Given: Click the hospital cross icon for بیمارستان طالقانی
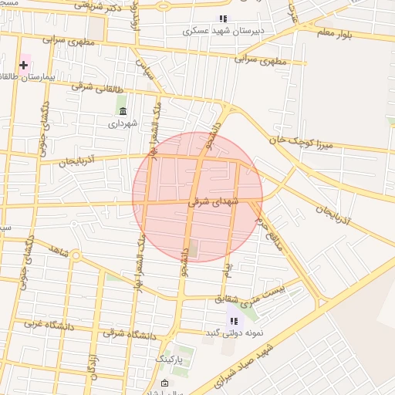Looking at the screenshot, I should (23, 65).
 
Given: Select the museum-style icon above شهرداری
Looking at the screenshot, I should (121, 110).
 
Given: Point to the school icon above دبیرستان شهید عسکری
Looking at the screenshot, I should (223, 19).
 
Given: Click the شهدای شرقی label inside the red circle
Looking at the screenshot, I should (214, 202).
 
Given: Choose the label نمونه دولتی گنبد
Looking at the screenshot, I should (232, 333).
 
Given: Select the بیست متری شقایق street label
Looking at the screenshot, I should (259, 295).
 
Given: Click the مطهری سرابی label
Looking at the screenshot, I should (260, 59).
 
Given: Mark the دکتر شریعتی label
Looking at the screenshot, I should (96, 5).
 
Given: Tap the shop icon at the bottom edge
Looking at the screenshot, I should (164, 384).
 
